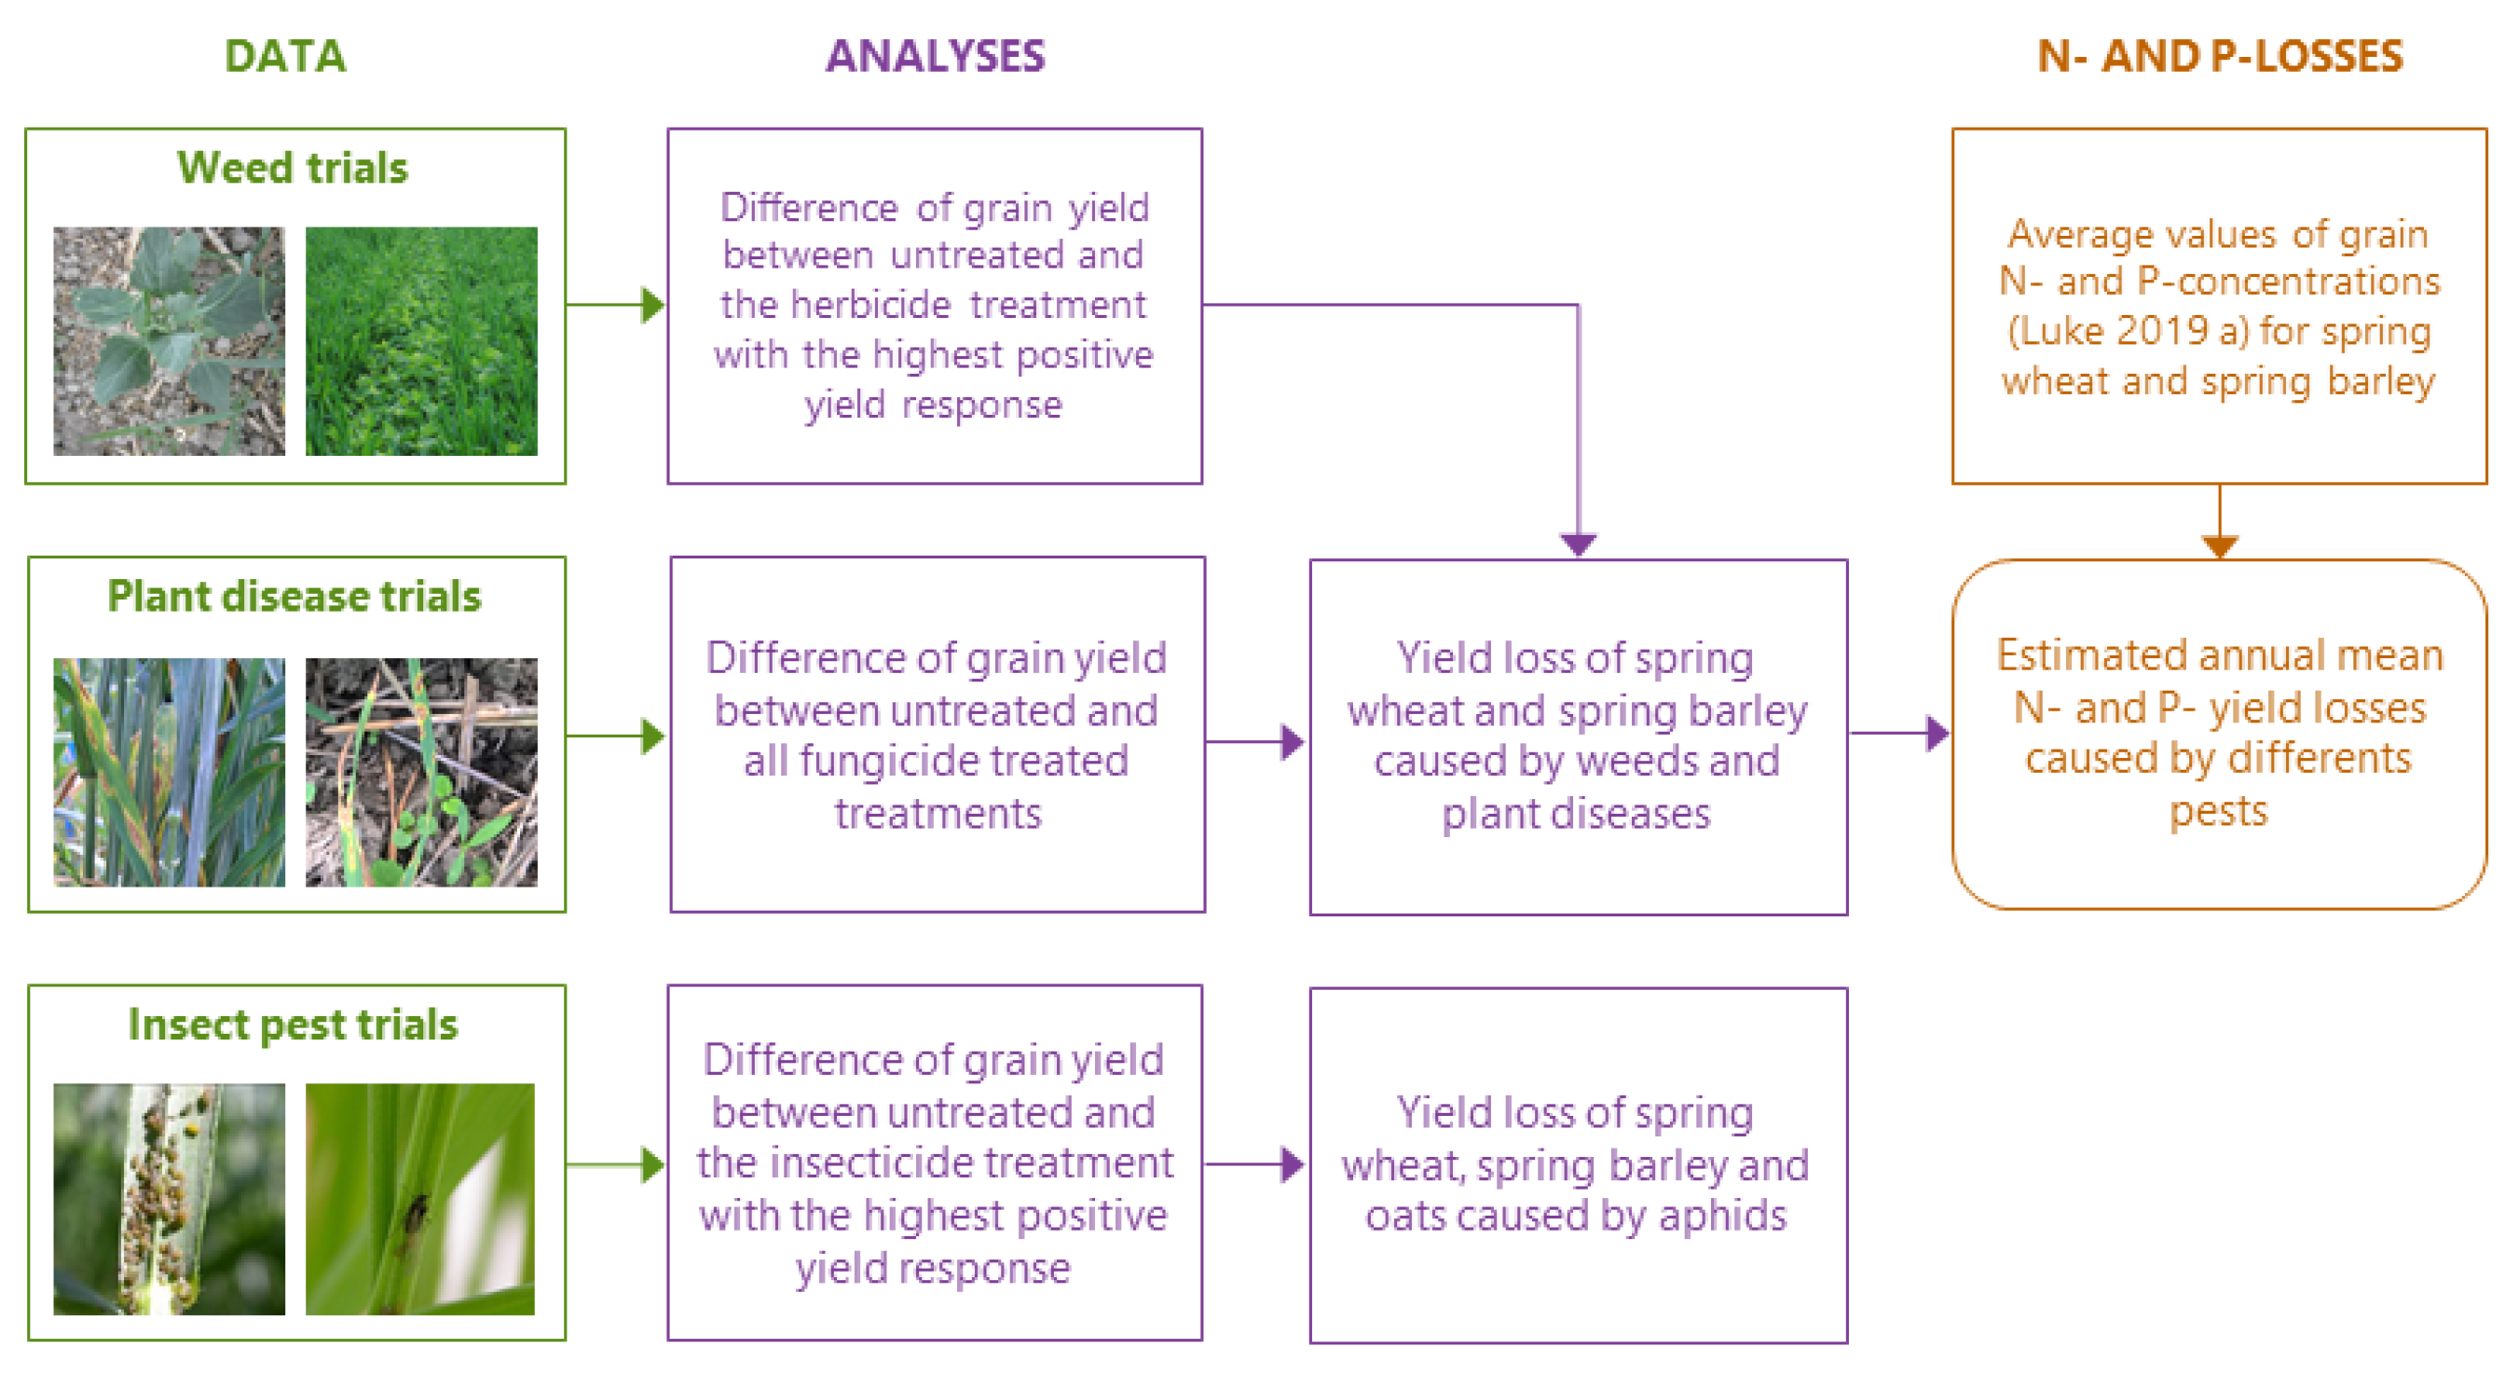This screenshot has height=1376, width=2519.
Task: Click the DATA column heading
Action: coord(284,57)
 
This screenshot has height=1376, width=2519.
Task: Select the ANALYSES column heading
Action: coord(935,57)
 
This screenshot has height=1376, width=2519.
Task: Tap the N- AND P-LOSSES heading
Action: coord(2220,57)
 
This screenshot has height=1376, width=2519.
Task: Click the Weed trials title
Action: coord(293,168)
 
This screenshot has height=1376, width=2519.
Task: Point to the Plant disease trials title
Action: coord(294,597)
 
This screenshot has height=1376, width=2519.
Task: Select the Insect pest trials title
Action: coord(293,1025)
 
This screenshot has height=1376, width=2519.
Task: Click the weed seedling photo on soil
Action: coord(170,341)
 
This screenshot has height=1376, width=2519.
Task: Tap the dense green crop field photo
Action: coord(421,341)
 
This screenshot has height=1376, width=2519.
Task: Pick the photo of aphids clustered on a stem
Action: coord(170,1199)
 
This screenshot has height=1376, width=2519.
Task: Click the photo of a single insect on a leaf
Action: coord(420,1199)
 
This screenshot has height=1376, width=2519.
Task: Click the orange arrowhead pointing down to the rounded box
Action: coord(2220,545)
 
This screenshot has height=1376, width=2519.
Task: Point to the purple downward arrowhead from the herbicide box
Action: coord(1579,544)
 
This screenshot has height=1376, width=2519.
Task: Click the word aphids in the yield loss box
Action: coord(1723,1216)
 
